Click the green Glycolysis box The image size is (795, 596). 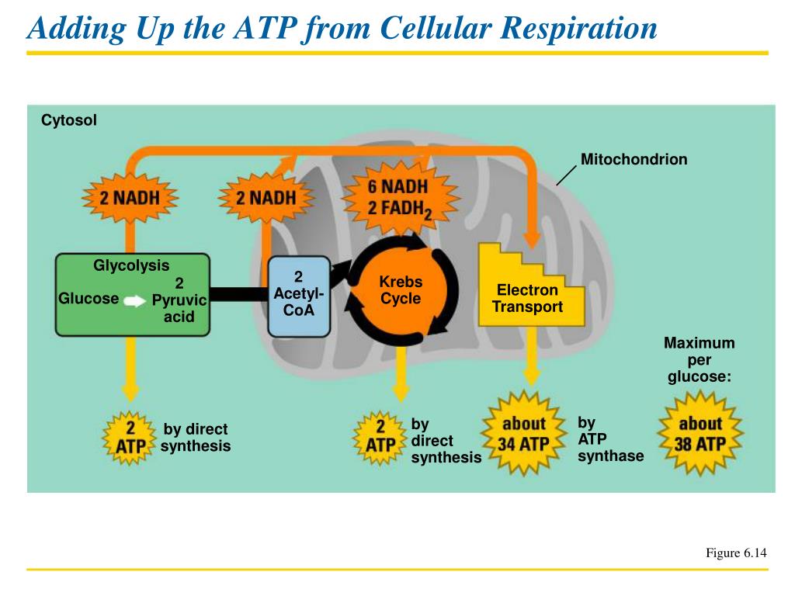(x=132, y=295)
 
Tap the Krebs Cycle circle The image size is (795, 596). (x=401, y=290)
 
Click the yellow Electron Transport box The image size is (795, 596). (x=528, y=299)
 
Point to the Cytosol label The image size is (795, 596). (x=69, y=121)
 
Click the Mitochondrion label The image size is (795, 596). (x=634, y=160)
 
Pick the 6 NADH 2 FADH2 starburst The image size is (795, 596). (x=397, y=198)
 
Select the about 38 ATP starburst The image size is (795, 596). (x=700, y=434)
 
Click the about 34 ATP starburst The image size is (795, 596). (x=524, y=434)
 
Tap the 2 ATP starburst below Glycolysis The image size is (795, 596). (x=130, y=438)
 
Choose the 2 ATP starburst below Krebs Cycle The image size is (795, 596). (x=380, y=436)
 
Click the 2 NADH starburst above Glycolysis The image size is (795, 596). (x=130, y=196)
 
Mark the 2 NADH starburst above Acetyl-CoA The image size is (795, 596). (x=266, y=197)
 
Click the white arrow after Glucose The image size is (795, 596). (x=134, y=301)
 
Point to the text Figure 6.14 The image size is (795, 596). (x=736, y=553)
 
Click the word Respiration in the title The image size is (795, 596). (x=578, y=29)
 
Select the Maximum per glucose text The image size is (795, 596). (x=699, y=360)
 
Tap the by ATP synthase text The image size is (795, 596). (x=610, y=439)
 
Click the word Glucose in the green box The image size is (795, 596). (x=89, y=299)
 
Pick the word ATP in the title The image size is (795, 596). (x=259, y=29)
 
